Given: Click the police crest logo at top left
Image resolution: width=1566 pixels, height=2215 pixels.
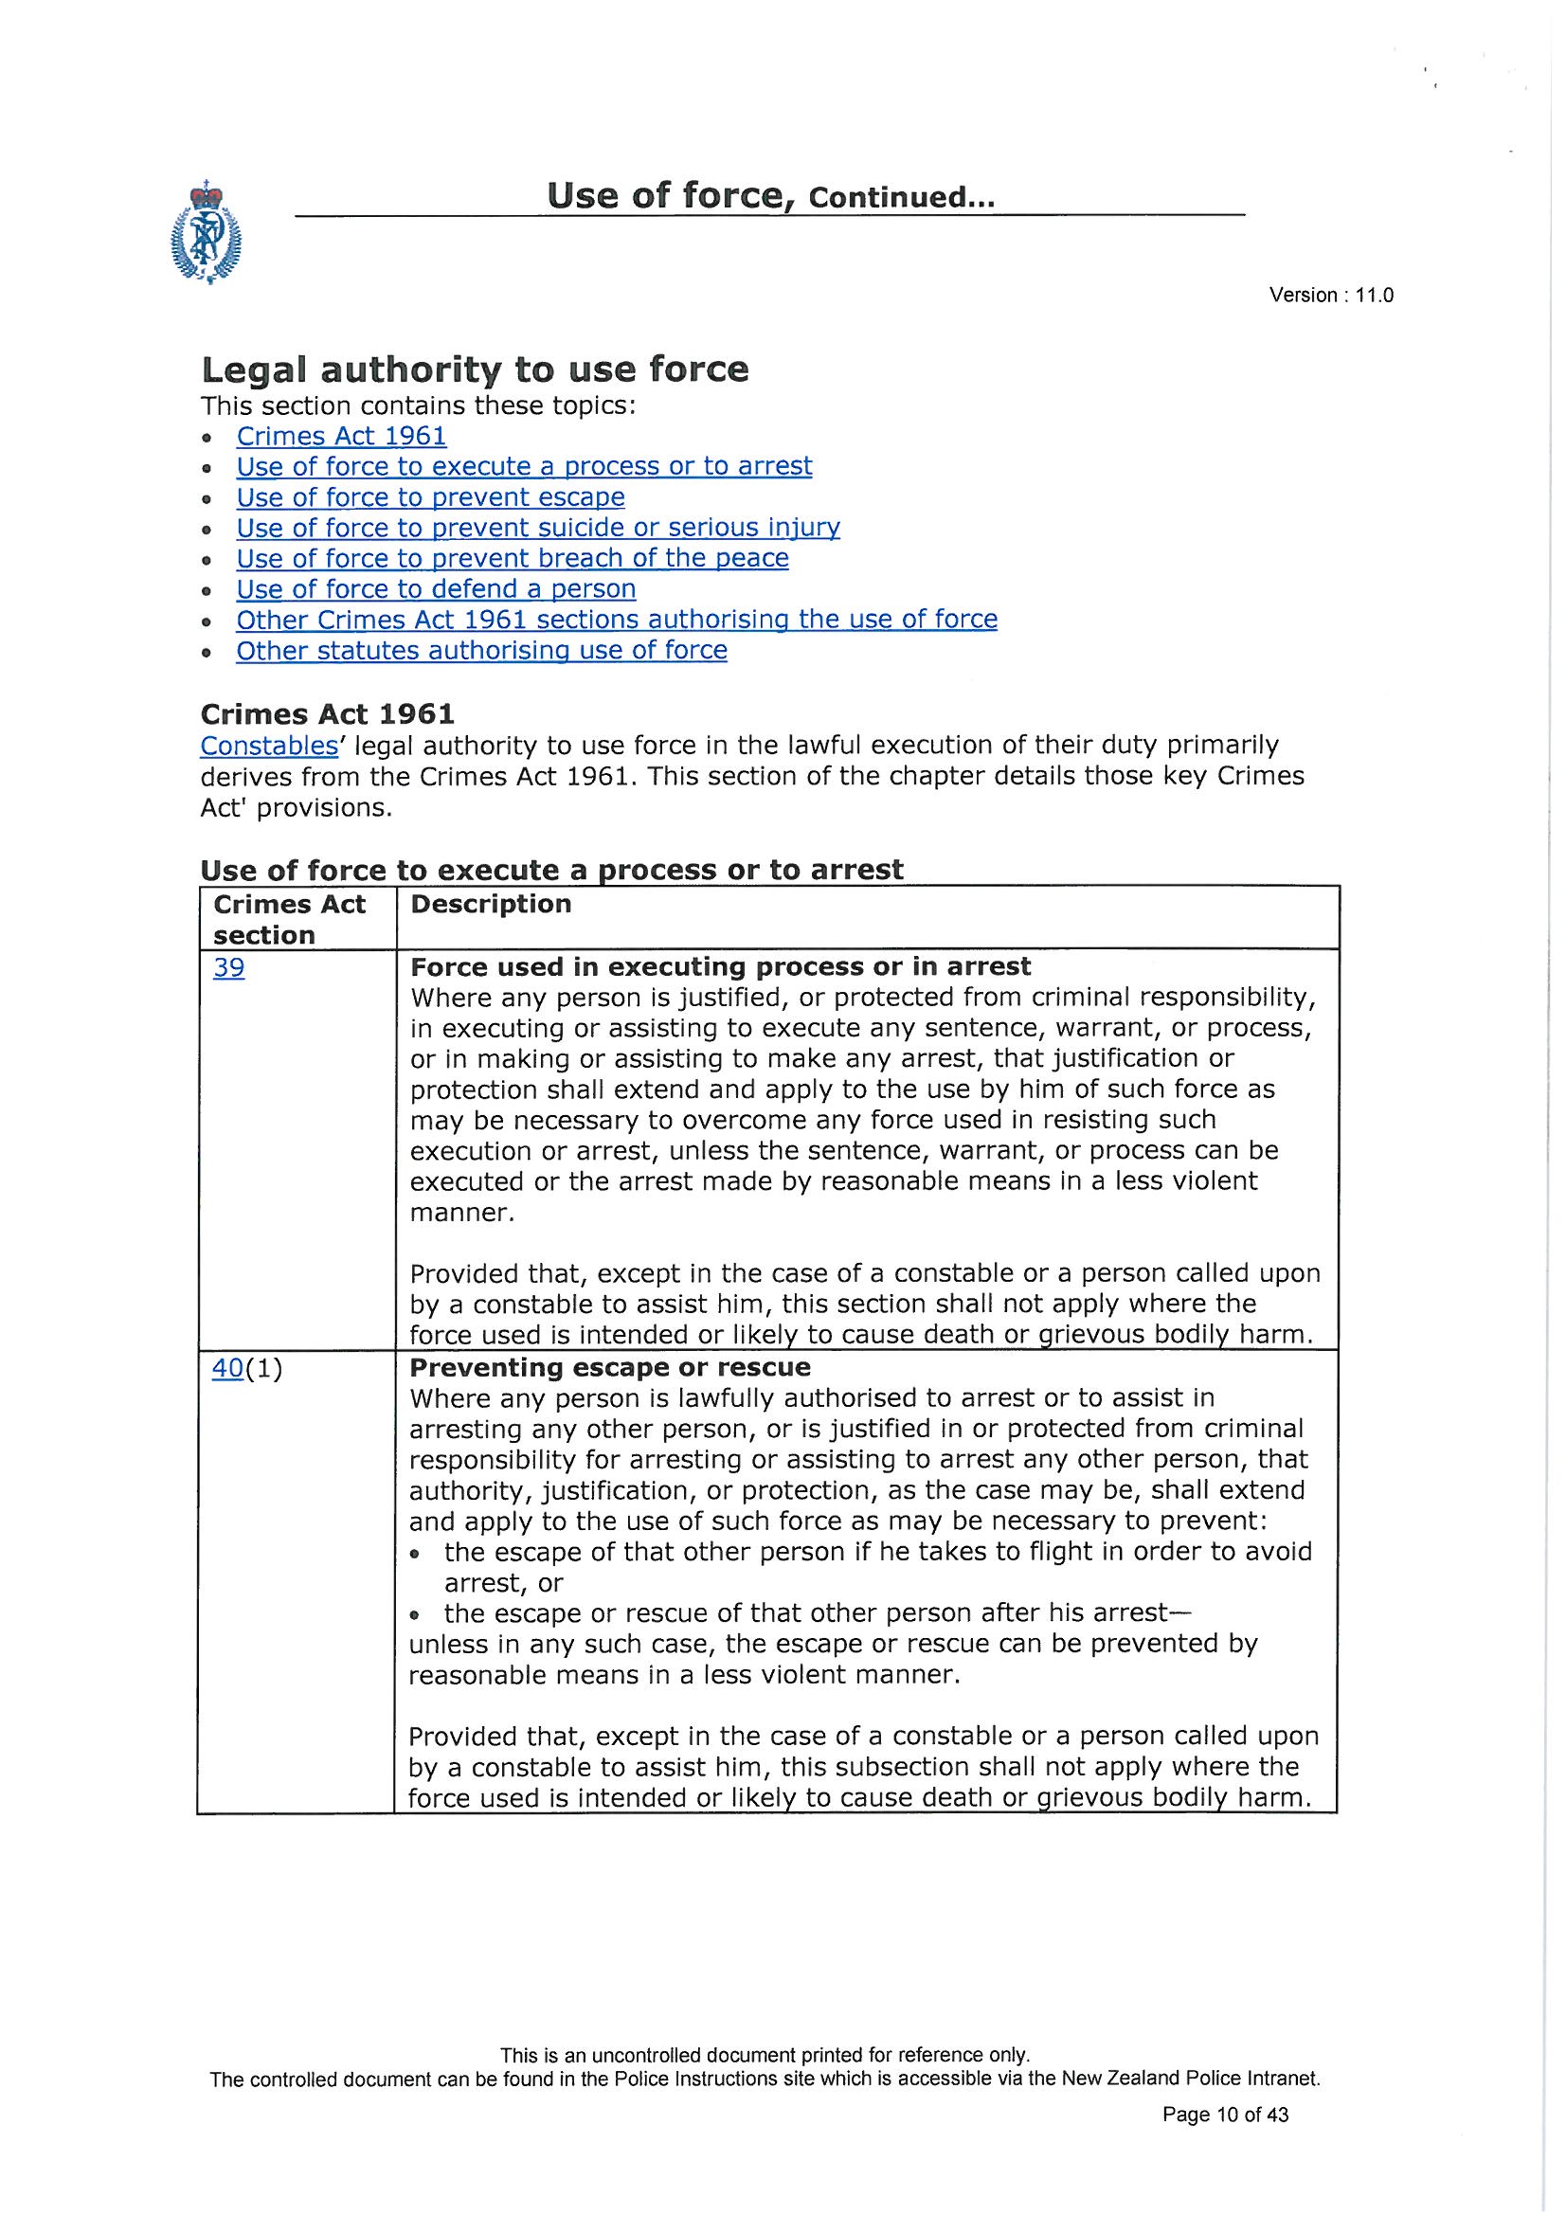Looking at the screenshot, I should click(206, 231).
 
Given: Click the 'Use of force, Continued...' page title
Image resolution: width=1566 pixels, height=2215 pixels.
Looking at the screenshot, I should click(770, 197).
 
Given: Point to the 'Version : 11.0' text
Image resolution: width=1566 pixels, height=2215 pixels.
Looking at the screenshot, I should click(1330, 297).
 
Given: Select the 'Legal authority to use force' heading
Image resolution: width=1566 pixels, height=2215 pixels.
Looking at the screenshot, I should click(474, 369).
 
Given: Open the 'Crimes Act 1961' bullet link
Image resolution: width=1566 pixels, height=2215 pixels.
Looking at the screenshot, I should click(342, 437).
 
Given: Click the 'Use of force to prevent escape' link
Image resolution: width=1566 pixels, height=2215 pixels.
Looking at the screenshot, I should click(430, 497).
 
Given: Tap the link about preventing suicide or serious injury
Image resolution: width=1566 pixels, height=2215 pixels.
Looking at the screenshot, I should click(537, 528).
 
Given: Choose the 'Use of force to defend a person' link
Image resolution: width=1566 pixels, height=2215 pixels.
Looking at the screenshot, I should click(436, 589).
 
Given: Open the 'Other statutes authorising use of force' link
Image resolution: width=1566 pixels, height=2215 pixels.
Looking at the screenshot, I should click(481, 651).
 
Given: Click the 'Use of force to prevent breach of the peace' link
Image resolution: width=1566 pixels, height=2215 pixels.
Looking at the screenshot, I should click(513, 559).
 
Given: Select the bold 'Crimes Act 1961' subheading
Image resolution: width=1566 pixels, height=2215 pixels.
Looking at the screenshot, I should click(327, 714).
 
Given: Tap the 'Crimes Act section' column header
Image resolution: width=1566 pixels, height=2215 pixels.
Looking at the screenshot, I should click(289, 919).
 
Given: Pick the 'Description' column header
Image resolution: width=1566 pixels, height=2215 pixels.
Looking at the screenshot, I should click(490, 904).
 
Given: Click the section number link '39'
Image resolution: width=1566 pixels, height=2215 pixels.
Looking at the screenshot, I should click(228, 967).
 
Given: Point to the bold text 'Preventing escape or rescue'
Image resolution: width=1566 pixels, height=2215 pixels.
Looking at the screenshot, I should click(610, 1368).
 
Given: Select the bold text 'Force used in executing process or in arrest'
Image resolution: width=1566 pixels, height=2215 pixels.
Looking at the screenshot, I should click(720, 966).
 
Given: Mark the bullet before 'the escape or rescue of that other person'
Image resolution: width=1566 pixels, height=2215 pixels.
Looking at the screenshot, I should click(416, 1614).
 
